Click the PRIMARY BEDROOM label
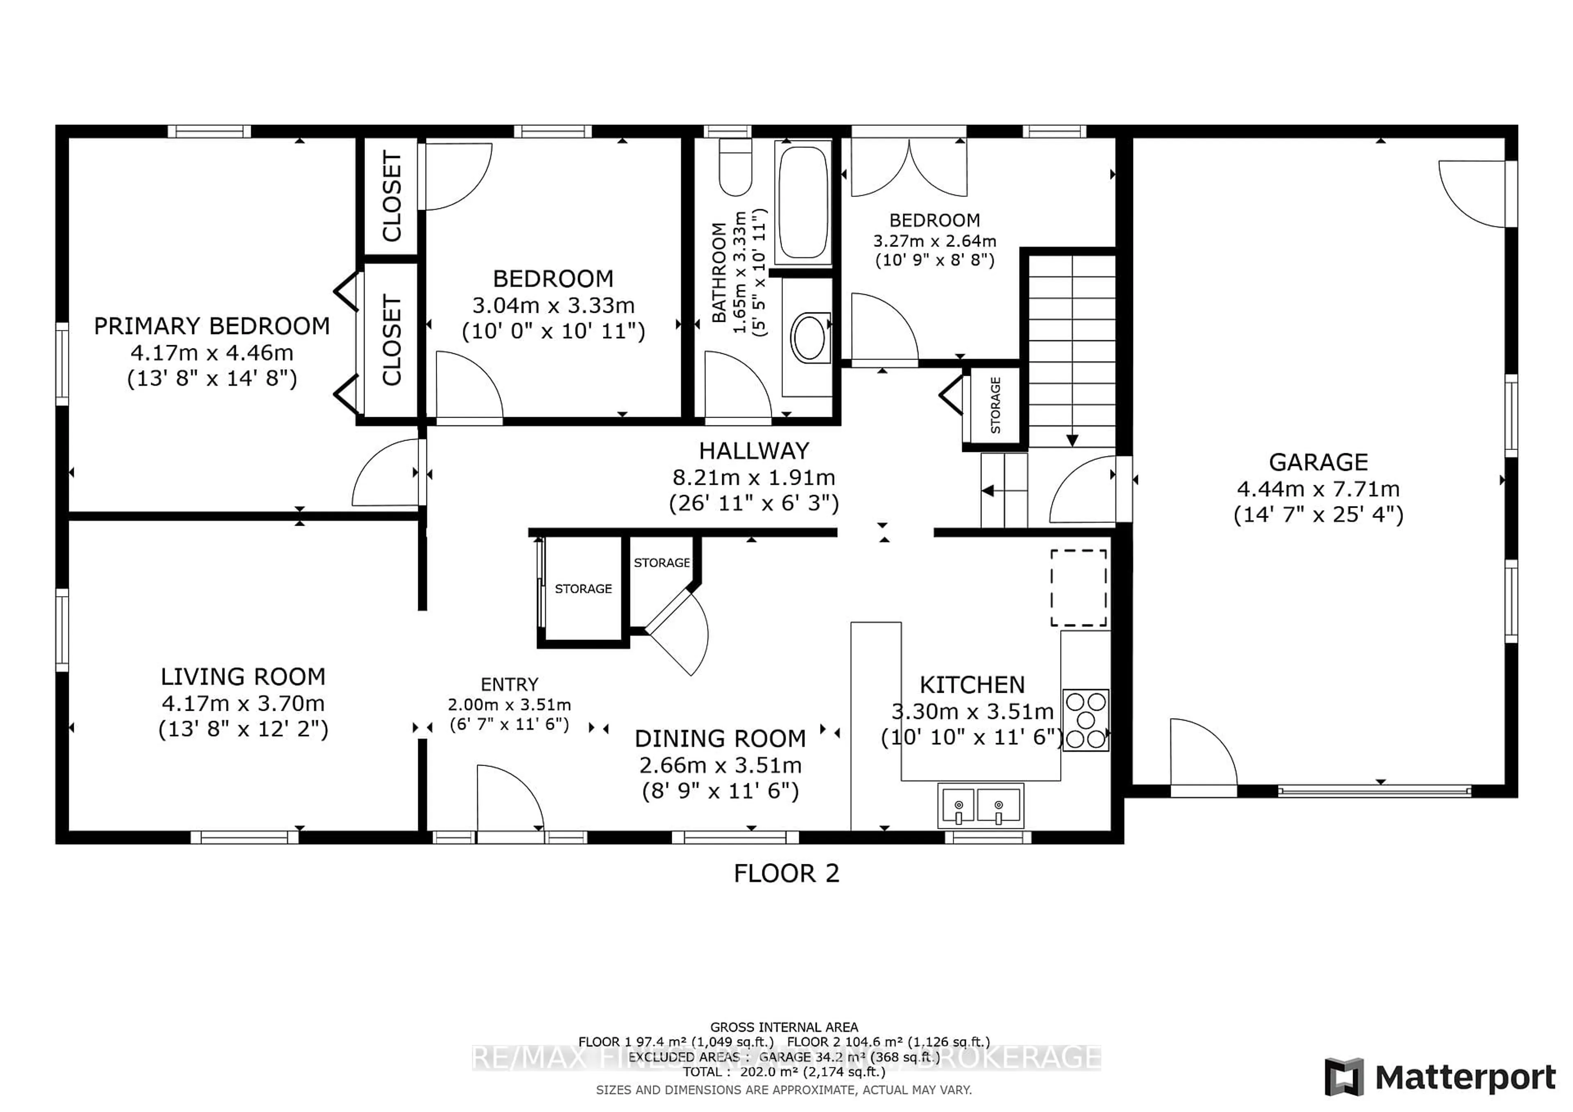(x=212, y=326)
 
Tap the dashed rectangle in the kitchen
(x=1078, y=588)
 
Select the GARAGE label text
(x=1318, y=462)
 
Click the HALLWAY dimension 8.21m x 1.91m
(x=754, y=477)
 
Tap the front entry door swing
(x=510, y=798)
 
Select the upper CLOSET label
(x=391, y=197)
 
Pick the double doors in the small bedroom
(x=909, y=168)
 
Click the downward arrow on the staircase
(x=1072, y=440)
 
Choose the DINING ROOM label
(x=720, y=739)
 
